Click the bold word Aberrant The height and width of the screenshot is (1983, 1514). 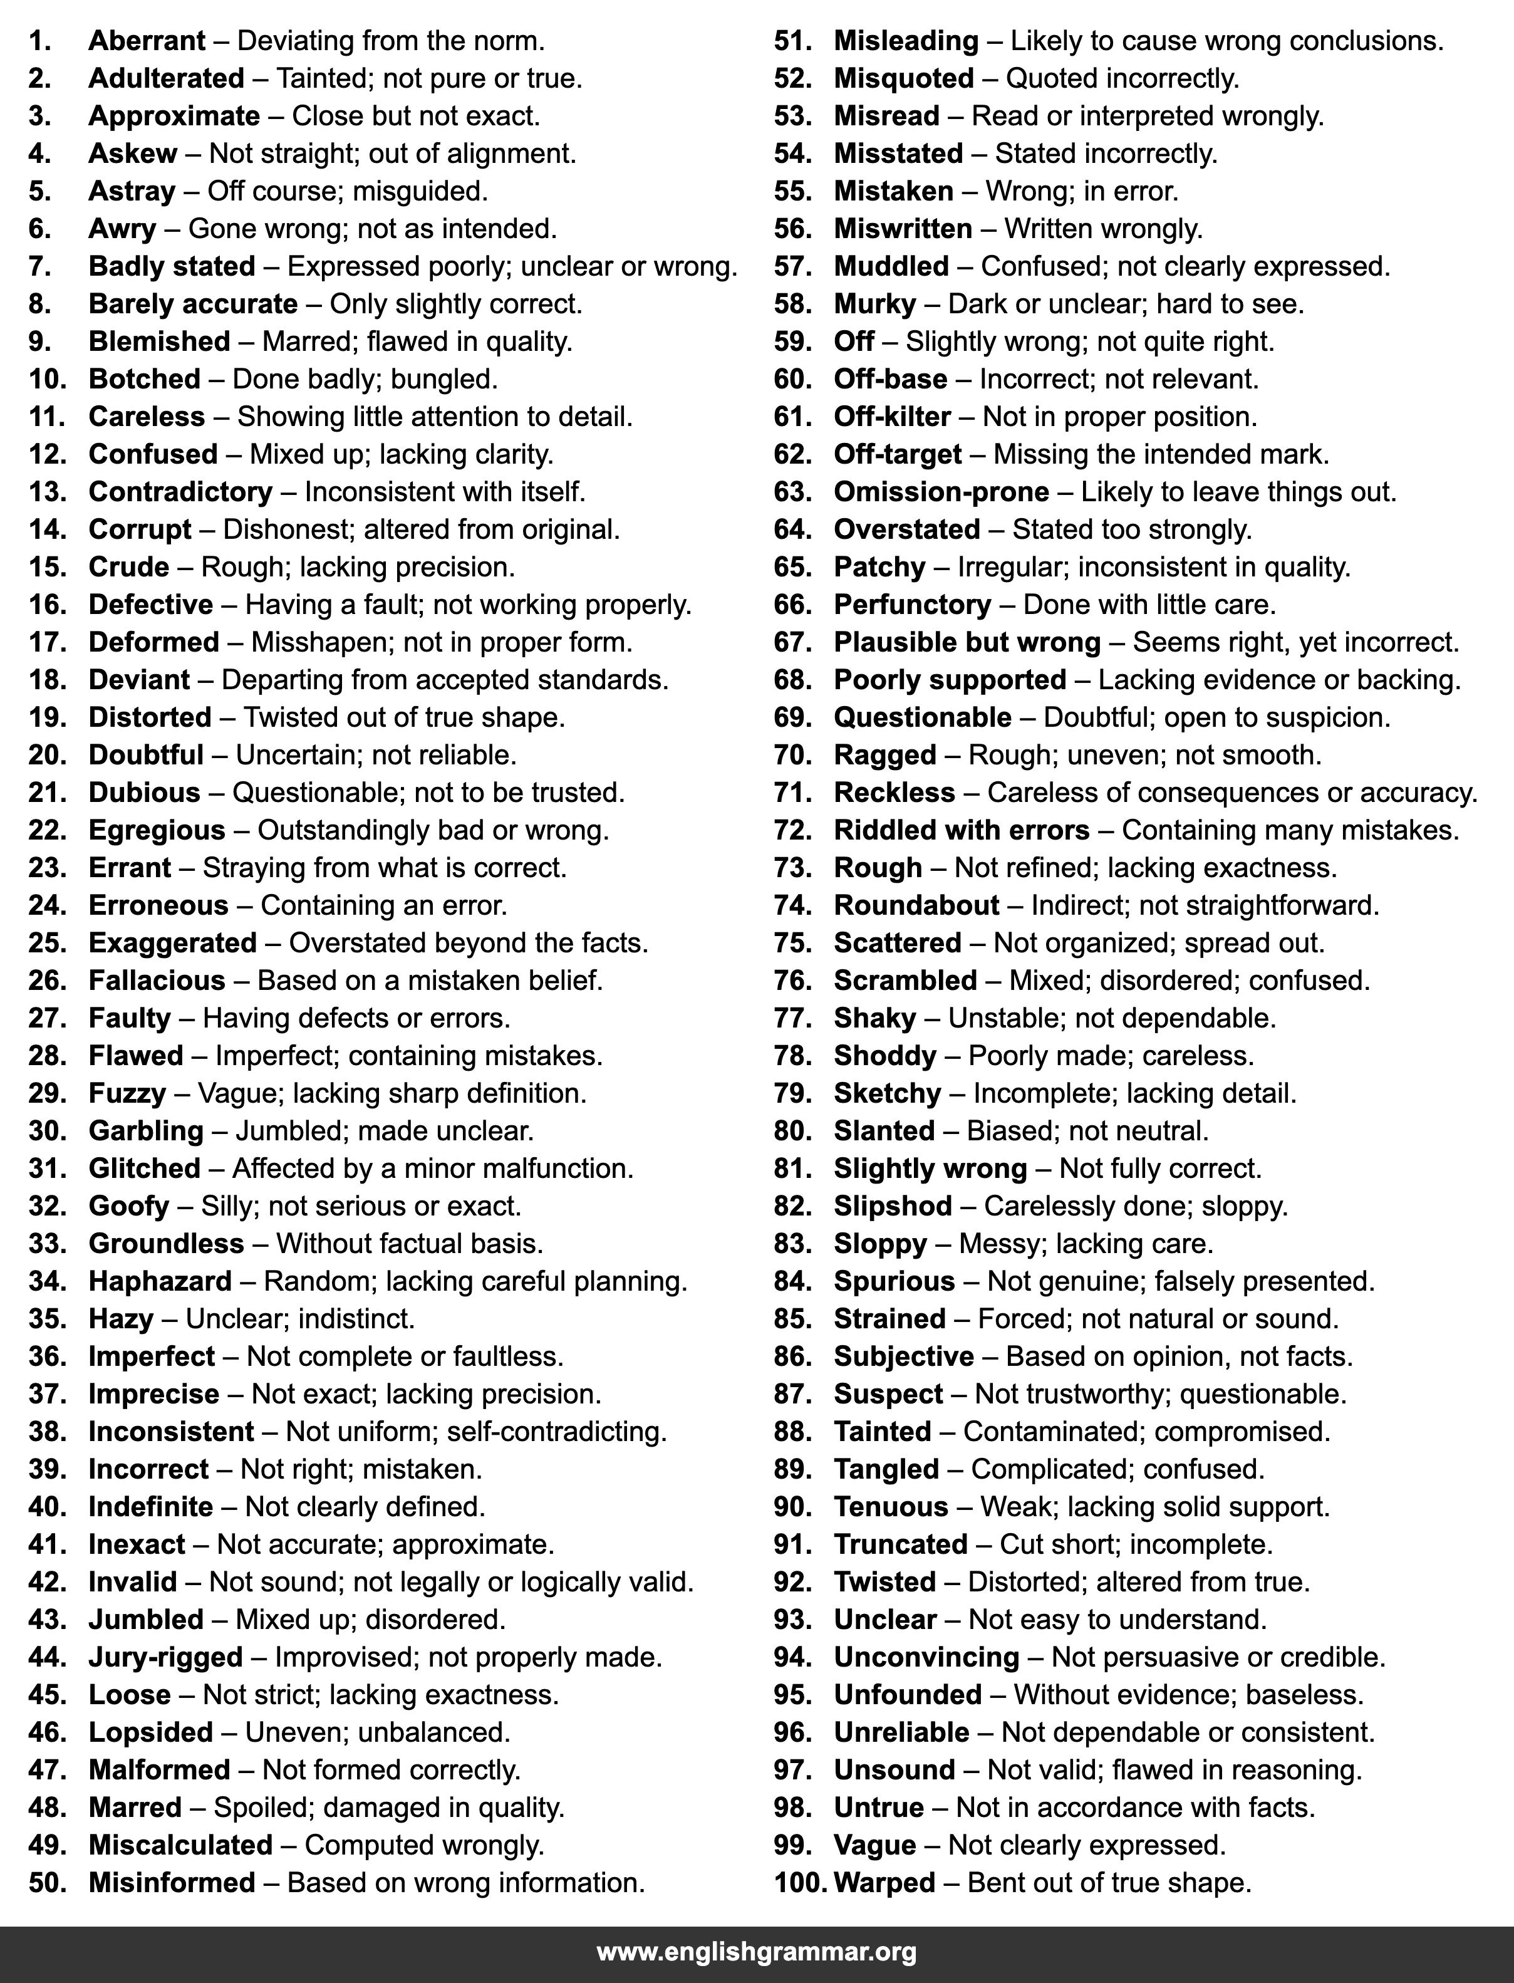click(147, 41)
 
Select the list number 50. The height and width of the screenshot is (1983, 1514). click(48, 1882)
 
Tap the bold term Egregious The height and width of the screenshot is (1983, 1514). click(157, 830)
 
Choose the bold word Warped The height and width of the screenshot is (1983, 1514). click(884, 1882)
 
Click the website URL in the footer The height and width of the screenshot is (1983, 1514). click(756, 1952)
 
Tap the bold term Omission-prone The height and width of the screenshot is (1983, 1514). click(941, 491)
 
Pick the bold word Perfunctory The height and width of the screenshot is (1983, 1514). click(912, 604)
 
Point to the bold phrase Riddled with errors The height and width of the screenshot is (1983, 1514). click(962, 830)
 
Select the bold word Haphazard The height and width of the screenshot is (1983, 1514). click(160, 1281)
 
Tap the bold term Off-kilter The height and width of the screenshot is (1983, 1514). click(892, 417)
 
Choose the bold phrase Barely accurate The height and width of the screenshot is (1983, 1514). click(193, 304)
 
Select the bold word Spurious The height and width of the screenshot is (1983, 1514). click(894, 1281)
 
